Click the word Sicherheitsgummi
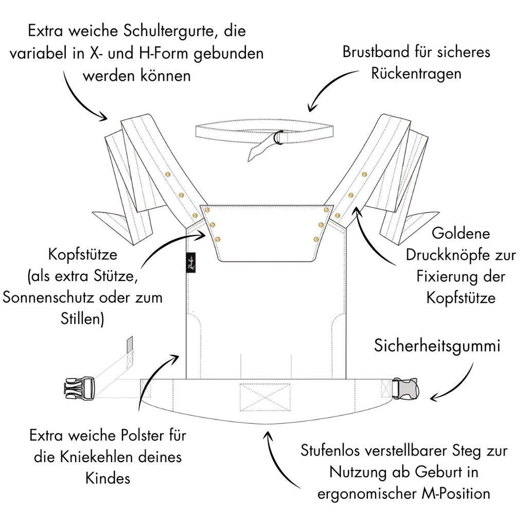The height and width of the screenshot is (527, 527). (x=436, y=345)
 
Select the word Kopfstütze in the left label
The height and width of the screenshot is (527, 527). (x=82, y=255)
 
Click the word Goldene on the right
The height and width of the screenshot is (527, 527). (x=461, y=234)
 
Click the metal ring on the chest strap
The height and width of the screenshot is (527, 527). (x=278, y=137)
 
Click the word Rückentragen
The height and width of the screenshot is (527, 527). (x=415, y=73)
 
